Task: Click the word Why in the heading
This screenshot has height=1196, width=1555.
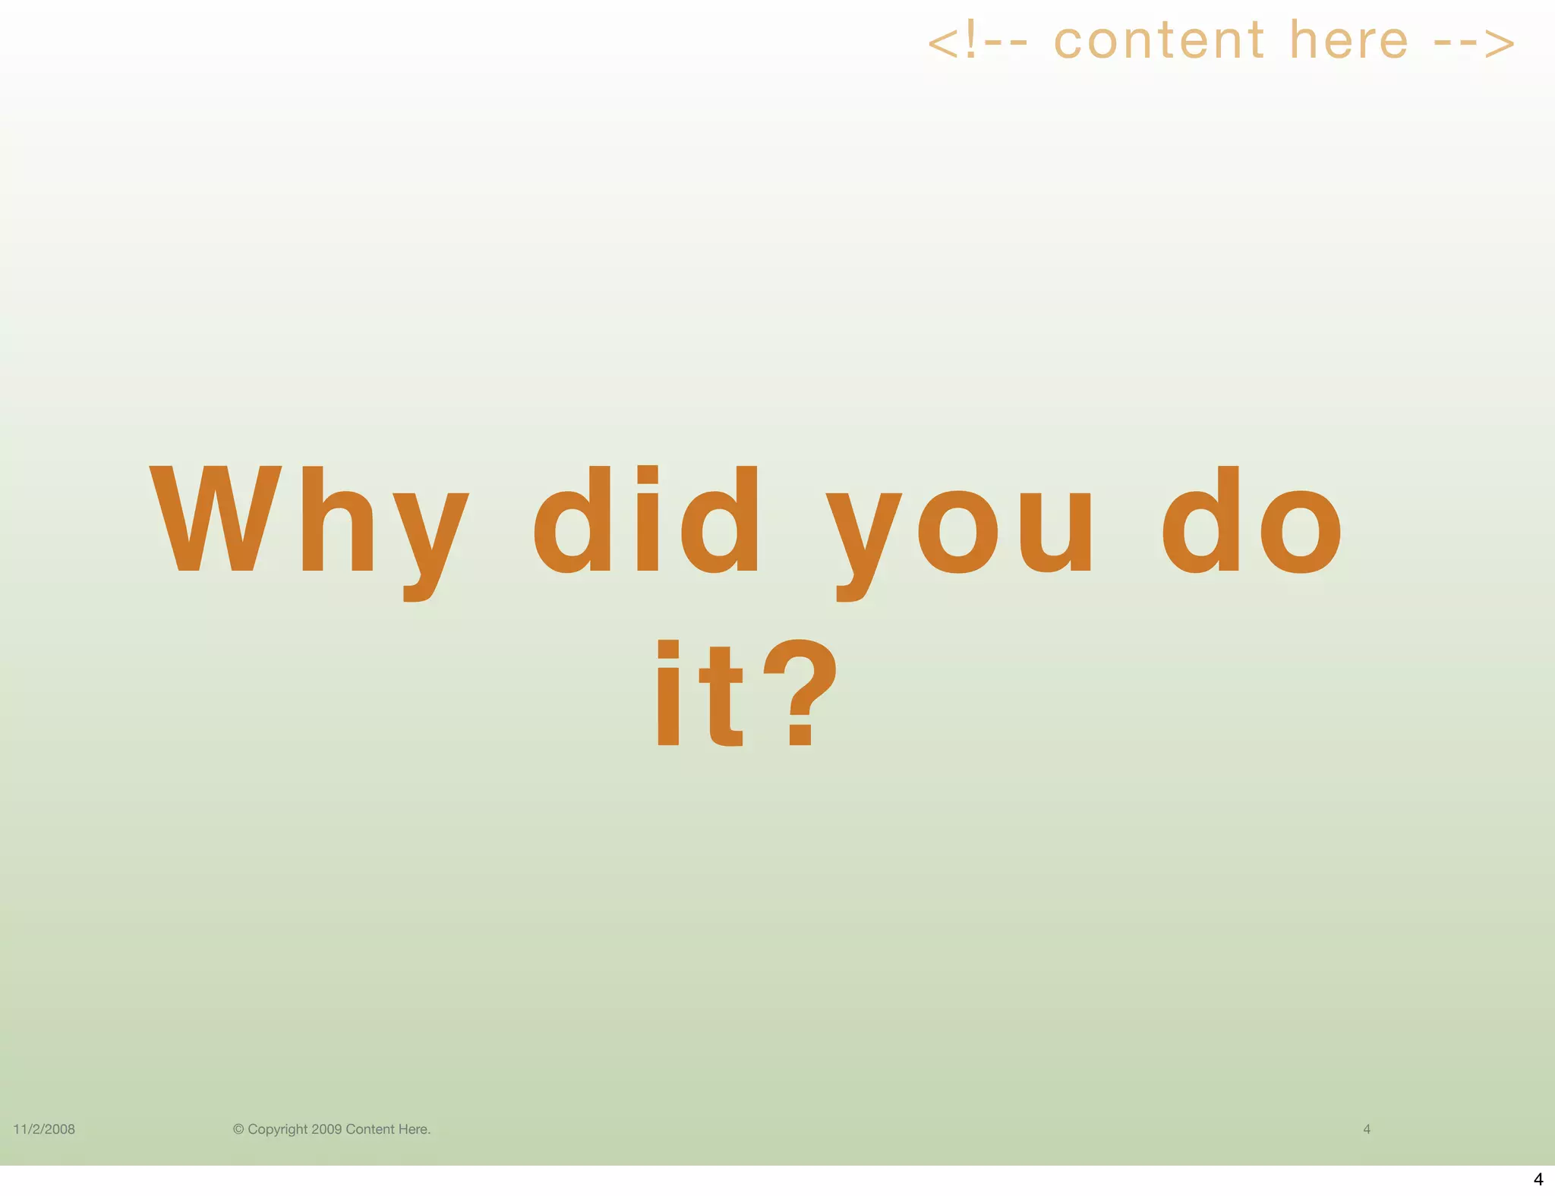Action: pos(308,524)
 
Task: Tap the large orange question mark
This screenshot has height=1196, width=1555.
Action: pos(800,692)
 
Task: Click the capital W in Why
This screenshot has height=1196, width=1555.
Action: pos(216,519)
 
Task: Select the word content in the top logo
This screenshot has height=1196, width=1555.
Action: pos(1159,41)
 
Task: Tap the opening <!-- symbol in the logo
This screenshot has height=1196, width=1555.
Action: pos(978,42)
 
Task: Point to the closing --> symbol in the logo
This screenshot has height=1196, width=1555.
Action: pos(1475,42)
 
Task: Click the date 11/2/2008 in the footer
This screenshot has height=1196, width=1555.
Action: pos(44,1129)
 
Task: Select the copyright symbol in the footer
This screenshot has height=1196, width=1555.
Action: pos(238,1129)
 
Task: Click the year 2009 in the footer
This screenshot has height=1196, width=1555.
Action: pos(326,1129)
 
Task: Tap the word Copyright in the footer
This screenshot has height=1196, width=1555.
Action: pos(278,1129)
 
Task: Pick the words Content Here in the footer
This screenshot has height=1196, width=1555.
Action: pos(387,1129)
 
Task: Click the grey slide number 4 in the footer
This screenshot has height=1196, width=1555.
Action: pos(1367,1129)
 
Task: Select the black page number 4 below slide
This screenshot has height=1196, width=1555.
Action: pos(1538,1179)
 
